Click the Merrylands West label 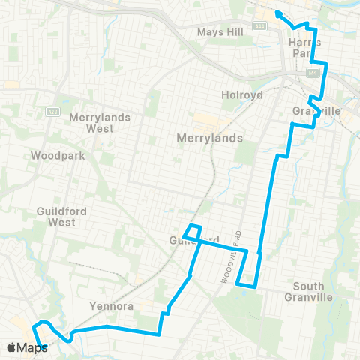[100, 123]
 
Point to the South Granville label [313, 291]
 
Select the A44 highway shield [259, 25]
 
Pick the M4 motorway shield [313, 73]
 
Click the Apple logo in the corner [11, 347]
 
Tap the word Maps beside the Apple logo [32, 347]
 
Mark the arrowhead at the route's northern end [277, 13]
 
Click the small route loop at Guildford [193, 232]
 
